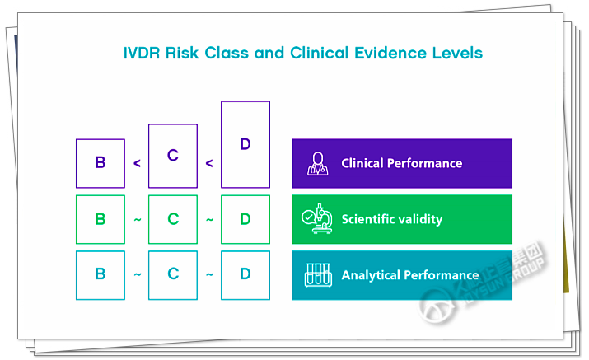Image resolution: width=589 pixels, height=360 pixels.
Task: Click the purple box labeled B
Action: [101, 163]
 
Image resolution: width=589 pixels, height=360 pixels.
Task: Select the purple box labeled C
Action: [173, 156]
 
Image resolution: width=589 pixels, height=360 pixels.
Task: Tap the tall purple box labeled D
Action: [245, 145]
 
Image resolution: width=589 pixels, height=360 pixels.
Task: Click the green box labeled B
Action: [101, 219]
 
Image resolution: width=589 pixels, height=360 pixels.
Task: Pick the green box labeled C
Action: [173, 219]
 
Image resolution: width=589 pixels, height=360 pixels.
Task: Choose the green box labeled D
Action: [245, 219]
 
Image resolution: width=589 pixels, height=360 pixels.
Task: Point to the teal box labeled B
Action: [101, 274]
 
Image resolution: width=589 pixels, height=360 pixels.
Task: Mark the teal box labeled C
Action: [173, 274]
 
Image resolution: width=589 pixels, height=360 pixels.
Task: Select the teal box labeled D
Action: [245, 274]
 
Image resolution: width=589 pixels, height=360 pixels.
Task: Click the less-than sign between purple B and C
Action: [137, 163]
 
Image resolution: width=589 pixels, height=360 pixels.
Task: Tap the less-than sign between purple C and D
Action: [209, 163]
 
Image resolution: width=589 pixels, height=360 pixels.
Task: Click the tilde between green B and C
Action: [137, 220]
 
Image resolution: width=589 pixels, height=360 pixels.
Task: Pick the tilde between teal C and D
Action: [209, 275]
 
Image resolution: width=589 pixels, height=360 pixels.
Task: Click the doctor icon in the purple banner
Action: [317, 163]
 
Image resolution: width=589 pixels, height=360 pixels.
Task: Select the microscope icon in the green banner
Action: [317, 219]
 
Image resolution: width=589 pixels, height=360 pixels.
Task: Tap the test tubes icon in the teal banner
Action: [317, 274]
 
